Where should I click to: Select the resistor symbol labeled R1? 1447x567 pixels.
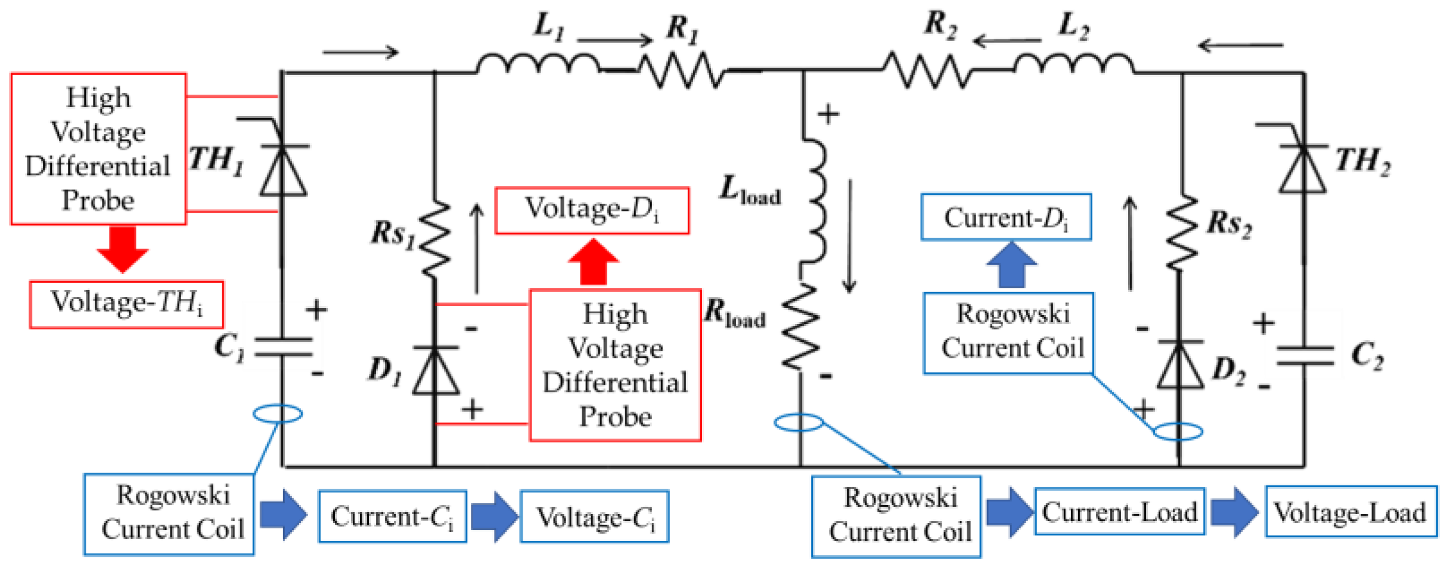pos(681,70)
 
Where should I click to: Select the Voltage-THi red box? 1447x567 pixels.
pos(126,304)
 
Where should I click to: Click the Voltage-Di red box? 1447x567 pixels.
pos(592,211)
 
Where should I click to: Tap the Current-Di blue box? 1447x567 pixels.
pos(1006,217)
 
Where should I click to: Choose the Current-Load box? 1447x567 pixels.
pos(1119,512)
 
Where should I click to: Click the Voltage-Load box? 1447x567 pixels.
pos(1350,512)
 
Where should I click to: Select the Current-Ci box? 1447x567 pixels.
pos(392,516)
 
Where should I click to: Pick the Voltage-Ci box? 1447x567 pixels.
pos(594,517)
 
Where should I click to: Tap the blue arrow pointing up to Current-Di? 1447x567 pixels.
pos(1011,265)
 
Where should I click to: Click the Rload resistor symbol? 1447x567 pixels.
pos(800,326)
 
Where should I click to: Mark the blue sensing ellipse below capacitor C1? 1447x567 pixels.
pos(278,413)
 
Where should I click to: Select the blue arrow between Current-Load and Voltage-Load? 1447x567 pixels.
pos(1234,512)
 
